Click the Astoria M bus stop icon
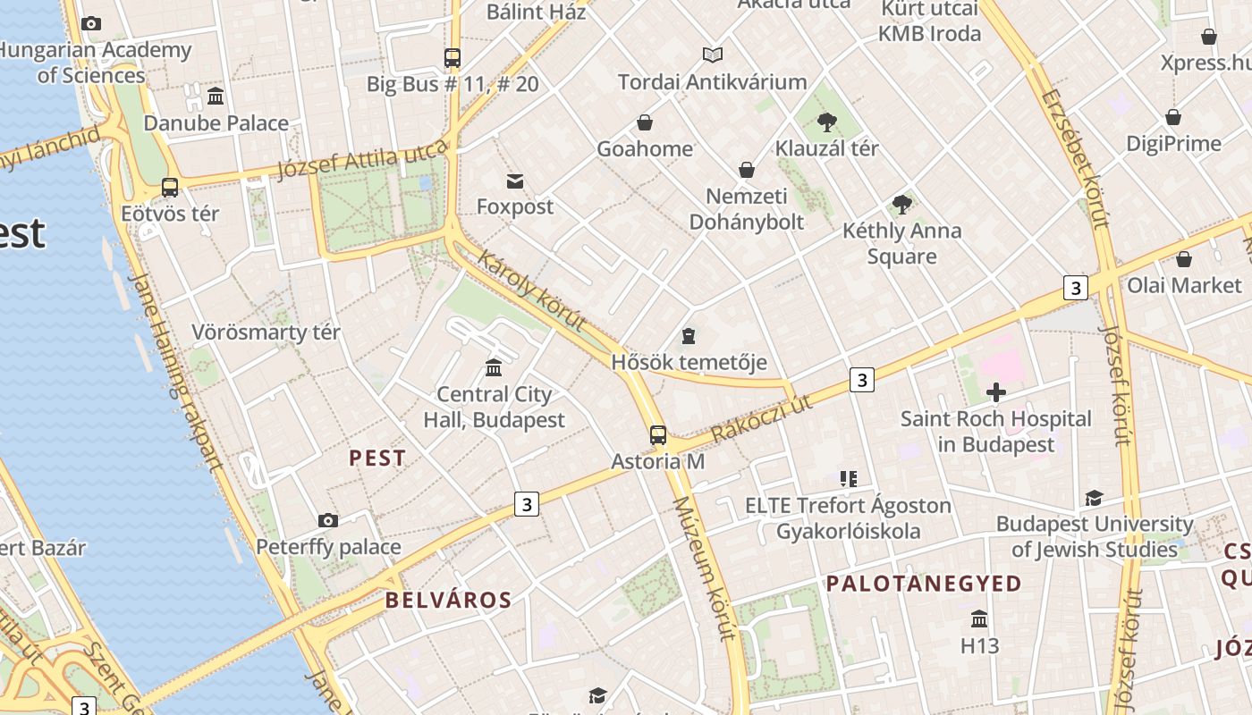[x=658, y=435]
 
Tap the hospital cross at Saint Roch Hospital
[x=995, y=391]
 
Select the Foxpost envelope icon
[x=515, y=181]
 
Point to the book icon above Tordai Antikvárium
[x=713, y=55]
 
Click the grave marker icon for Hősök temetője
[x=688, y=336]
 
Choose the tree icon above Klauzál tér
[x=827, y=122]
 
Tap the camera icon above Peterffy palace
[x=328, y=520]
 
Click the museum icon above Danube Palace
[x=216, y=96]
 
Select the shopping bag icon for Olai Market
[x=1184, y=259]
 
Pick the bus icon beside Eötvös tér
[x=170, y=188]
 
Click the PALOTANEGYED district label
[x=924, y=585]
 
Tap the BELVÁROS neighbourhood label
[x=449, y=600]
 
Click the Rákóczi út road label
[x=763, y=418]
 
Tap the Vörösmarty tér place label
[x=266, y=333]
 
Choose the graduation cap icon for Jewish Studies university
[x=1094, y=498]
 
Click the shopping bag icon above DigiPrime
[x=1173, y=118]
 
